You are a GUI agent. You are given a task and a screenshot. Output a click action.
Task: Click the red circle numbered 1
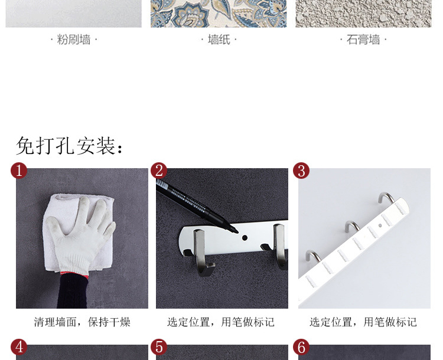point(19,171)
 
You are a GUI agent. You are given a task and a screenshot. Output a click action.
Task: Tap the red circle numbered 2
point(159,171)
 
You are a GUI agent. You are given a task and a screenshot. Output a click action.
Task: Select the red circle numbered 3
point(301,171)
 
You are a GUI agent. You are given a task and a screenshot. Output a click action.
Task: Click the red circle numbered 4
point(19,347)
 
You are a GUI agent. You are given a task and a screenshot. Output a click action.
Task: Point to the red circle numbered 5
point(159,347)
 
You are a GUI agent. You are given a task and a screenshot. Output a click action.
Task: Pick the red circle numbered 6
point(301,347)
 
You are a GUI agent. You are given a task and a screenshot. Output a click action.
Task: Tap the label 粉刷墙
point(74,40)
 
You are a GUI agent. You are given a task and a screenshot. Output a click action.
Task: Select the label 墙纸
point(219,40)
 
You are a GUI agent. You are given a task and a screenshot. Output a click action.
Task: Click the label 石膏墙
point(363,40)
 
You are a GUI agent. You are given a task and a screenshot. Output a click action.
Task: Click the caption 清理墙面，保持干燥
point(82,322)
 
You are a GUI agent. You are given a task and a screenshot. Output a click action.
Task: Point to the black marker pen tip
point(235,231)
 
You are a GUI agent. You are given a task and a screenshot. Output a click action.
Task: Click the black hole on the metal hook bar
point(245,238)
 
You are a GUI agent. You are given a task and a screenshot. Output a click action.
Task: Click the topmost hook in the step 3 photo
point(386,197)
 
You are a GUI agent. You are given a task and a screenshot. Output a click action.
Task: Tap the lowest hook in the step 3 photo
point(313,256)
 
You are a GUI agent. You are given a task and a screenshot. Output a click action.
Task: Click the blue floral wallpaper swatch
point(219,14)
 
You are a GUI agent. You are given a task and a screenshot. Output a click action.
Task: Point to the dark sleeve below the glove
point(73,292)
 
